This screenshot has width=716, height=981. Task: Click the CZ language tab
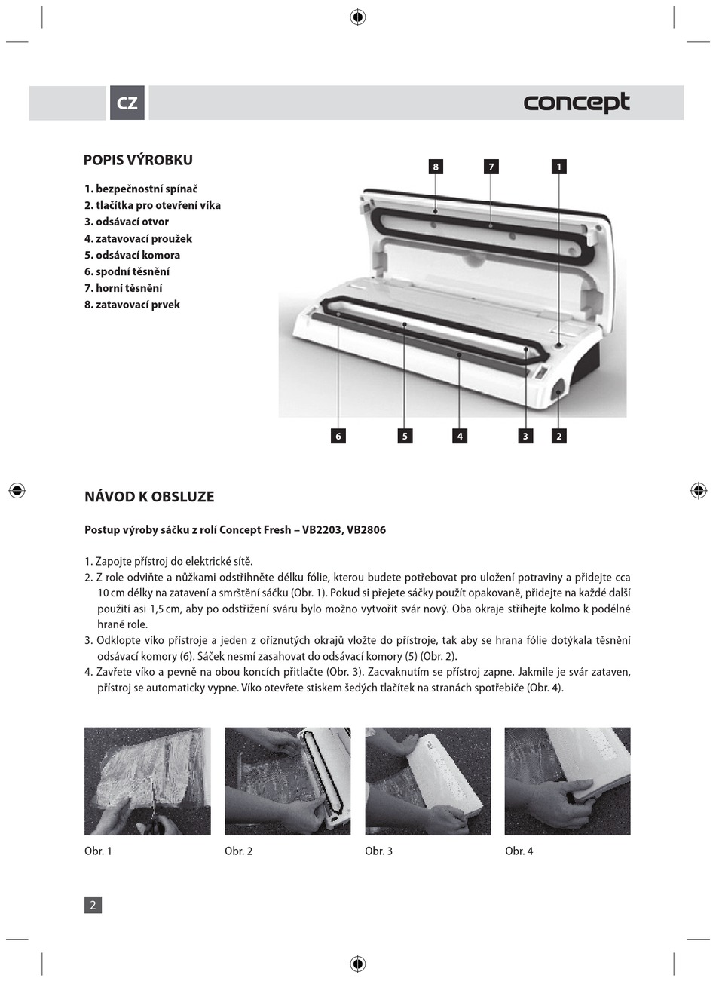tap(127, 103)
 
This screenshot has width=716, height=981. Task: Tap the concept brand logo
tap(577, 103)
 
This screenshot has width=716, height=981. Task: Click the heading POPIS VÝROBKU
tap(138, 160)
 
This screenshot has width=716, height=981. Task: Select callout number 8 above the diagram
tap(436, 167)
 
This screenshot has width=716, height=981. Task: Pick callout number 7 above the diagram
tap(491, 167)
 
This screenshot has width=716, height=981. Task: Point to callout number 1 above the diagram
tap(558, 167)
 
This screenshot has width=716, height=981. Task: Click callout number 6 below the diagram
tap(338, 436)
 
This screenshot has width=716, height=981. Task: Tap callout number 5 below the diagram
tap(405, 436)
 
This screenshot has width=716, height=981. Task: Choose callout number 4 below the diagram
tap(460, 436)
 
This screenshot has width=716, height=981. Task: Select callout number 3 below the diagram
tap(525, 436)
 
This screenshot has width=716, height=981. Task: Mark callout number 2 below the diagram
tap(558, 436)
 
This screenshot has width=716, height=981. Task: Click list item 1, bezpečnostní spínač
tap(141, 189)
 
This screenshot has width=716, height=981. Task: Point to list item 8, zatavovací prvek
tap(132, 305)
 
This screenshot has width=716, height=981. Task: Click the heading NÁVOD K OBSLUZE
tap(149, 497)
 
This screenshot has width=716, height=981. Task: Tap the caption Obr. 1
tap(98, 851)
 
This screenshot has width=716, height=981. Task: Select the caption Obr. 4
tap(519, 851)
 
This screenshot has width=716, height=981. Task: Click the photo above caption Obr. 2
tap(288, 781)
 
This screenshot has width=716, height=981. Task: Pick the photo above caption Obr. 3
tap(428, 781)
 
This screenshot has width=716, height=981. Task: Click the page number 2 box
tap(93, 905)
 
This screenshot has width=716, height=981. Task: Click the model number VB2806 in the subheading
tap(366, 530)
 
